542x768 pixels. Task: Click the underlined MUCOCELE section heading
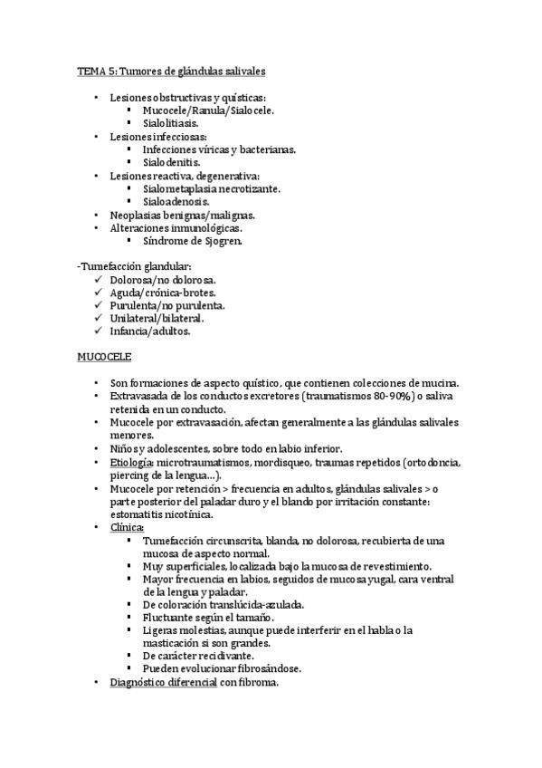point(104,357)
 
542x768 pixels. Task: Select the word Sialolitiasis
point(171,122)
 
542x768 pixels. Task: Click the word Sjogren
point(221,241)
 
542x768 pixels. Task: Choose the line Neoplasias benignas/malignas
point(182,215)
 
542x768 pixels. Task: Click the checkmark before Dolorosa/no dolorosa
point(97,280)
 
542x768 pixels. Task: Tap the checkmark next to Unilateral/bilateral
point(97,319)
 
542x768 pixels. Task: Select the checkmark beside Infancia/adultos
point(97,331)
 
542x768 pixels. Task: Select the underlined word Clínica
point(127,528)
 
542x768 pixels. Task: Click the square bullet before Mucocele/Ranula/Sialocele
point(131,110)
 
